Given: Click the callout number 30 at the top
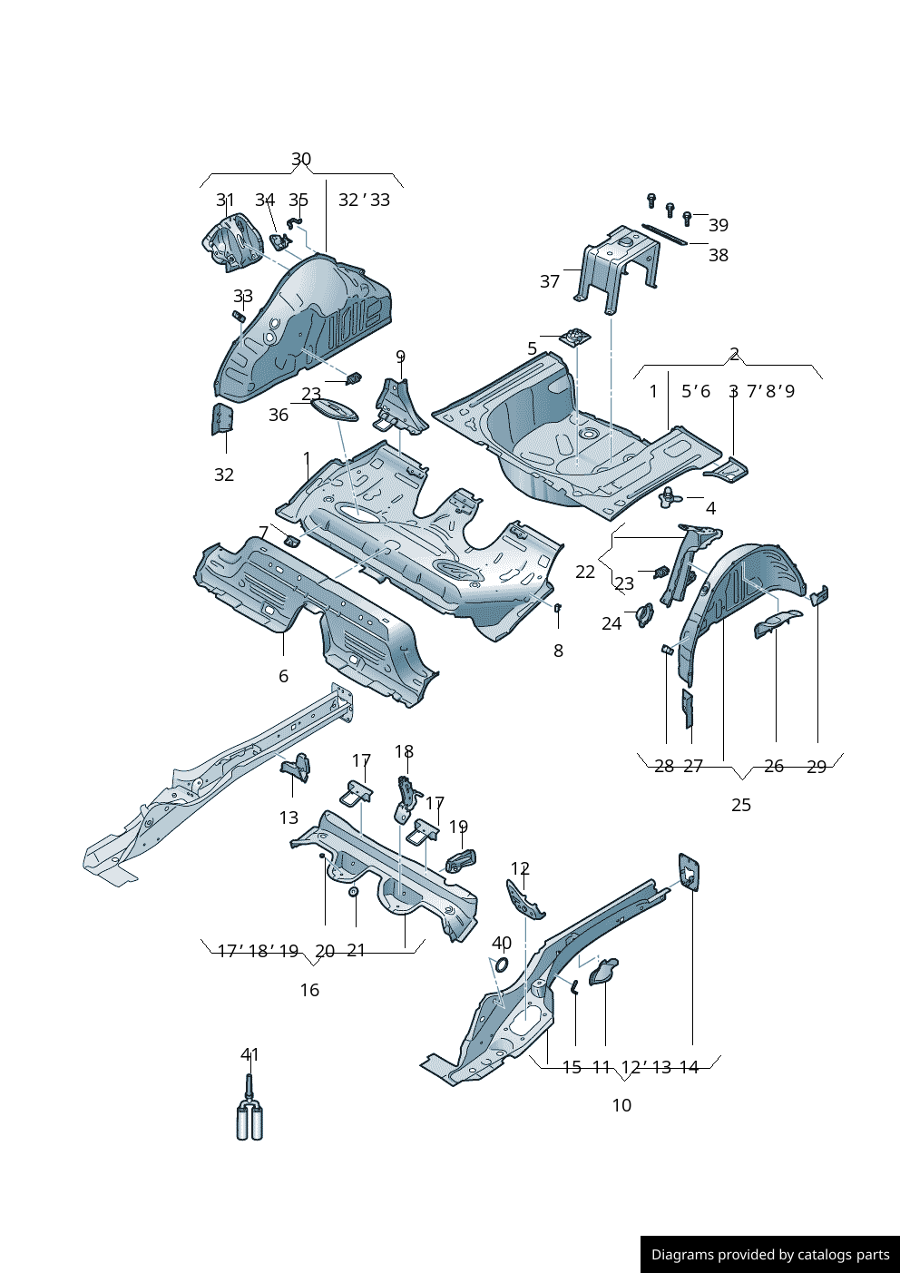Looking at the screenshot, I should coord(301,160).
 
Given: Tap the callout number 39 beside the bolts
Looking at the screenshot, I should coord(718,225).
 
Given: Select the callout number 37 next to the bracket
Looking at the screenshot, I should coord(550,281).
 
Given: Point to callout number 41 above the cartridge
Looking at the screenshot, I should coord(249,1054).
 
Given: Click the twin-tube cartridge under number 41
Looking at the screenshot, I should coord(249,1119).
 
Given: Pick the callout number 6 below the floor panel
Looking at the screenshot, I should coord(283,676).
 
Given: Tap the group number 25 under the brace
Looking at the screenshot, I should coord(741,805).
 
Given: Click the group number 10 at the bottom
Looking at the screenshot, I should coord(621,1105).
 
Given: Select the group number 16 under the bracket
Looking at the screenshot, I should coord(309,990).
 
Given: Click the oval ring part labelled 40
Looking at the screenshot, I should coord(502,963).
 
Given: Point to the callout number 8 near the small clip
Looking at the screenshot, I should coord(558,651).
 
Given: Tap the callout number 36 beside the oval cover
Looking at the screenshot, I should coord(279,415).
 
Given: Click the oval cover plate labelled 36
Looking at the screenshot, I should coord(335,408).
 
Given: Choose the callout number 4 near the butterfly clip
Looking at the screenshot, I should coord(710,508).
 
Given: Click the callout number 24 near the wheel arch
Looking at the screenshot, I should coord(611,623).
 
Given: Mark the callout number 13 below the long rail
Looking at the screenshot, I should coord(289,818).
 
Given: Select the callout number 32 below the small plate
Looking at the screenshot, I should coord(224,475).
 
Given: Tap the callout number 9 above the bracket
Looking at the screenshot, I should coord(400,357).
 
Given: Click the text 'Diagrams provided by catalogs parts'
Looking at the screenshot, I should coord(770,1255).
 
